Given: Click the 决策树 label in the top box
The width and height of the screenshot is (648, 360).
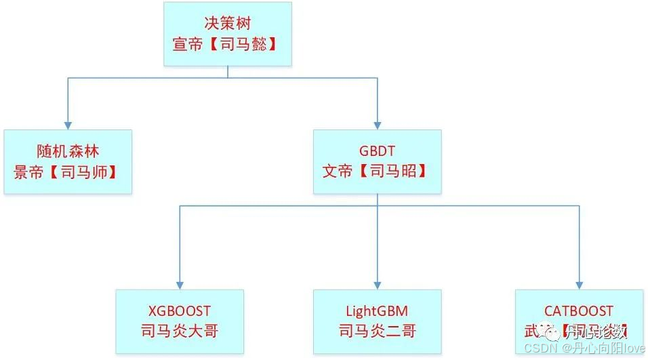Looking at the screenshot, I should (x=228, y=22).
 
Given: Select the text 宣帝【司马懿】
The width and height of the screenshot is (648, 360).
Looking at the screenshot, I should (x=228, y=45).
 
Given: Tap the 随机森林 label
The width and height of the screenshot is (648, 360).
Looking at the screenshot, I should (x=68, y=151).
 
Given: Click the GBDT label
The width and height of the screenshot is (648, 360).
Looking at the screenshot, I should (x=377, y=150).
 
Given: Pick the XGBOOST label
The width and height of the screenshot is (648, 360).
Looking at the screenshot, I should (x=179, y=311).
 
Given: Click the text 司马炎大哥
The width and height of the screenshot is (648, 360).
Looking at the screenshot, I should (x=179, y=332).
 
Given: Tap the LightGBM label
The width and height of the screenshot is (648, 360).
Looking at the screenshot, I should (x=376, y=311).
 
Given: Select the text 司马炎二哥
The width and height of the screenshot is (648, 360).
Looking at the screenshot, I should (x=376, y=332).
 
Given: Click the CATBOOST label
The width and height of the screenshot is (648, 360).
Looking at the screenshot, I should (x=579, y=311).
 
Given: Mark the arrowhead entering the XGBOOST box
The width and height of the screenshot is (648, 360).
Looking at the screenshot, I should (x=180, y=285).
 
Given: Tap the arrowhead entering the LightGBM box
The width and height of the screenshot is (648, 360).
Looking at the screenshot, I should (x=377, y=285).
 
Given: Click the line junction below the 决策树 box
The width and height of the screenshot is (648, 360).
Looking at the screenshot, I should (x=228, y=78).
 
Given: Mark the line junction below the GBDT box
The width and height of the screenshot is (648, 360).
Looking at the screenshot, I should (x=377, y=205).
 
